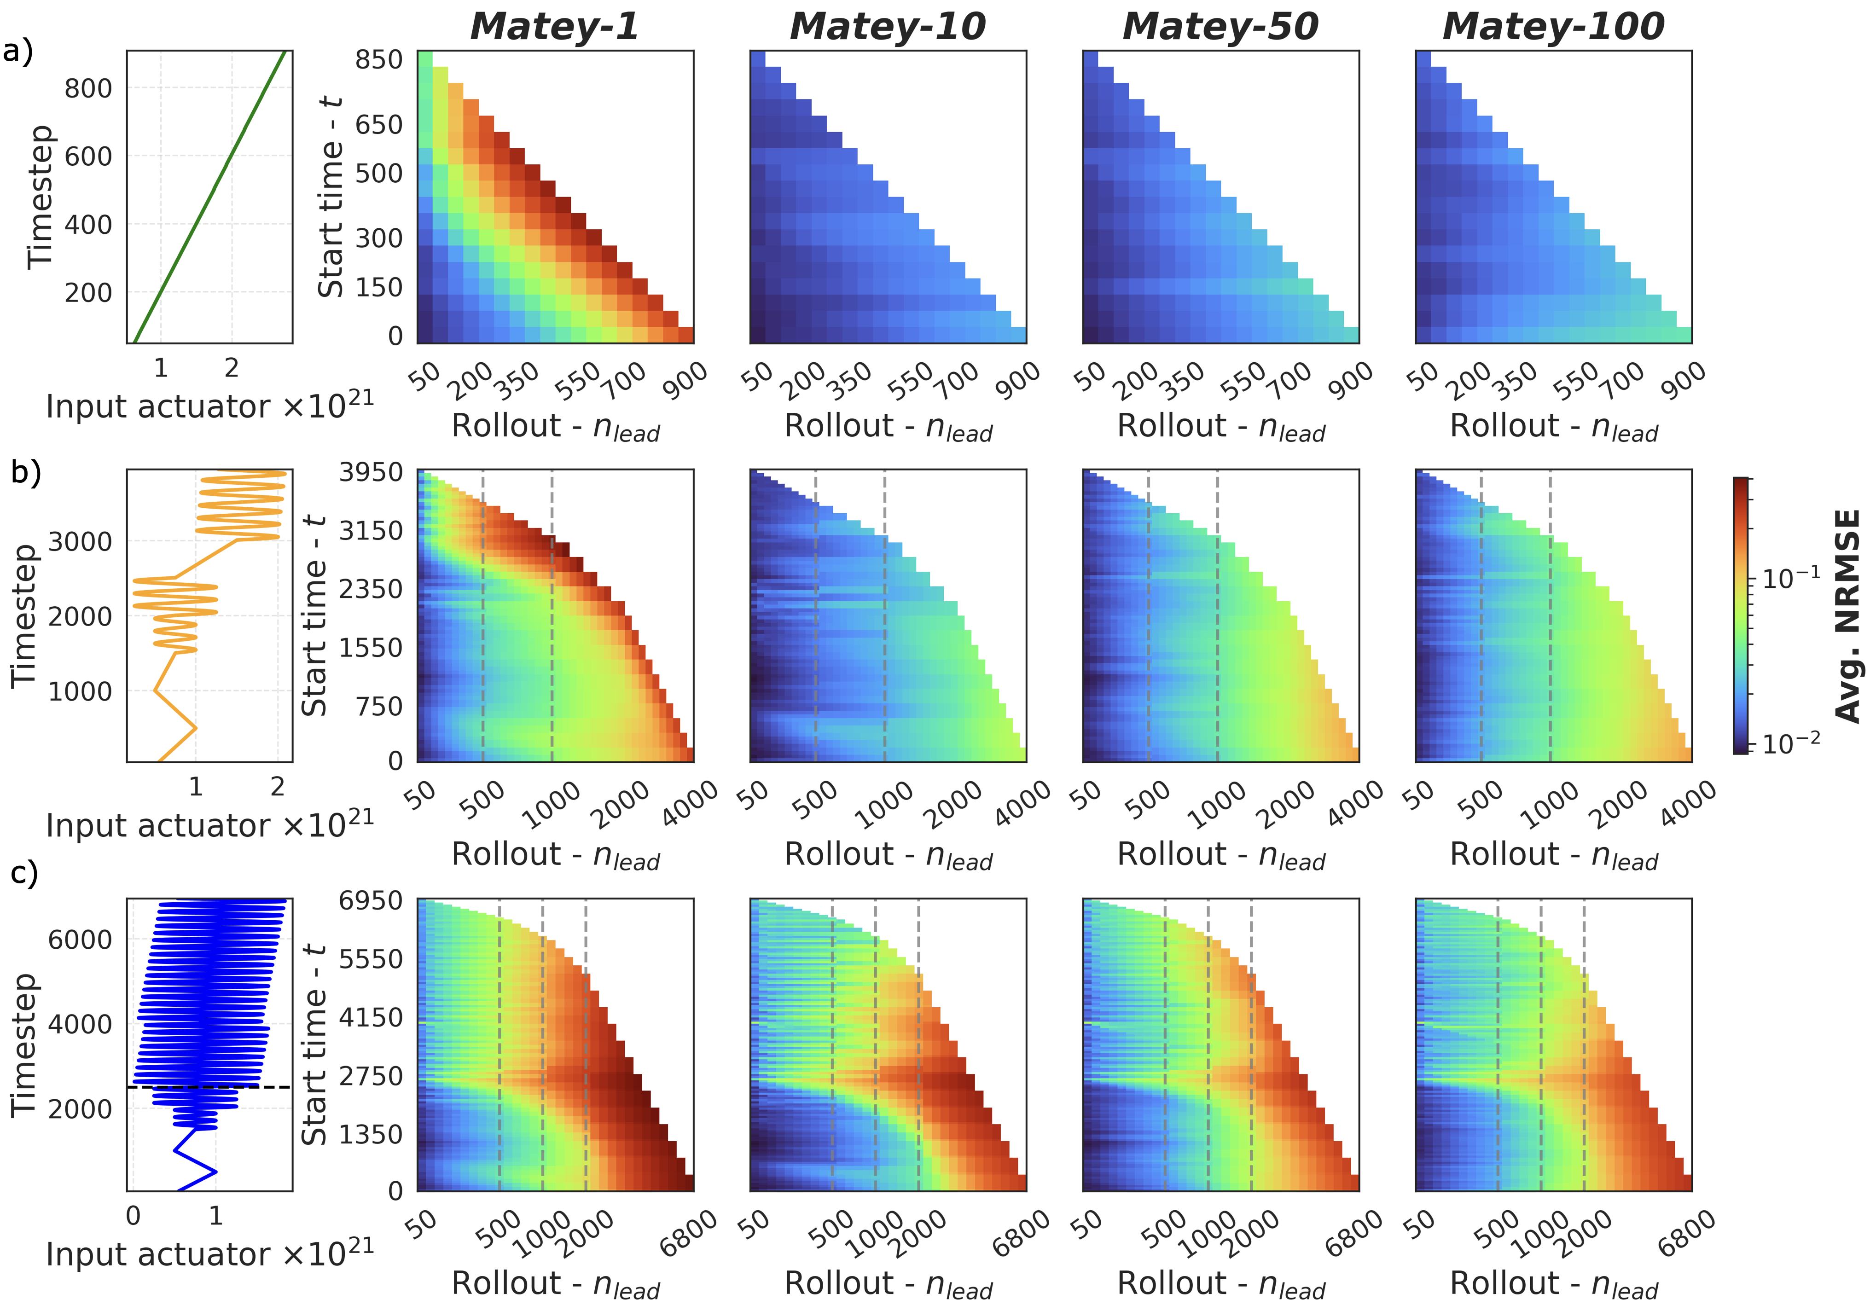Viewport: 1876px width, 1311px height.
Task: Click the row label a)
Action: click(x=18, y=52)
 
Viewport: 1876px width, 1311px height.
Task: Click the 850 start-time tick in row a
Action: click(x=378, y=60)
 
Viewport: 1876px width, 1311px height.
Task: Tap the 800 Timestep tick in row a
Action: click(x=88, y=88)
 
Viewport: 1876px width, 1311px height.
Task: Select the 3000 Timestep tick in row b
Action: click(x=80, y=541)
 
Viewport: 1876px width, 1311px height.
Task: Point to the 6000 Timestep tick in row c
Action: click(x=80, y=940)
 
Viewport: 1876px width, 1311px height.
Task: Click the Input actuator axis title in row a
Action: click(x=209, y=406)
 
